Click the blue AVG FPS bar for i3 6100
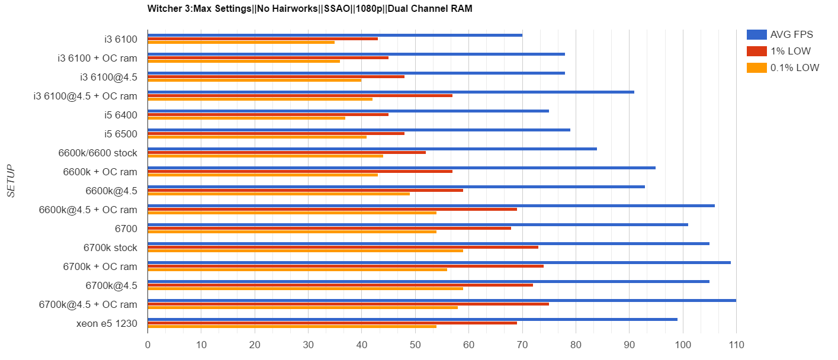click(335, 35)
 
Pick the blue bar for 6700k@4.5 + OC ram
click(441, 300)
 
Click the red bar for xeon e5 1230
click(332, 323)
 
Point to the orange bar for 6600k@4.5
click(278, 194)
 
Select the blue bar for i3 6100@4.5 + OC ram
click(391, 92)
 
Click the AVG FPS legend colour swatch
click(756, 34)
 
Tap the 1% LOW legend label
click(790, 51)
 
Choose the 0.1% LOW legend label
click(794, 67)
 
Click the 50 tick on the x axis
click(415, 343)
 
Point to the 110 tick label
click(736, 343)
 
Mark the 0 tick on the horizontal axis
click(147, 343)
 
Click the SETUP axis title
click(11, 181)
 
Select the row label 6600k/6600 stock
click(98, 153)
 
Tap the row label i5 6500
click(121, 134)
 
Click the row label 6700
click(126, 229)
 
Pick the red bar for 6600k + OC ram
click(300, 171)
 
